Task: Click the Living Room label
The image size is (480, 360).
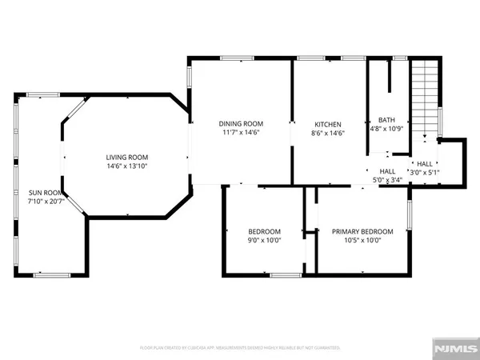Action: click(x=128, y=157)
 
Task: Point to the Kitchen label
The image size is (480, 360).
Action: click(x=328, y=125)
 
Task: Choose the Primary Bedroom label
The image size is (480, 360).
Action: click(x=362, y=231)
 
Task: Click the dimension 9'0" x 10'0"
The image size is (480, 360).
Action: click(x=263, y=240)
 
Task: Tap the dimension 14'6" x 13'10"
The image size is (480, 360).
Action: click(x=128, y=166)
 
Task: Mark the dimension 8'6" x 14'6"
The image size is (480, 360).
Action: click(x=328, y=134)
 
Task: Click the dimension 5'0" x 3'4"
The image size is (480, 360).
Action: click(x=388, y=180)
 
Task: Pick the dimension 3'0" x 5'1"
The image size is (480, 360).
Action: click(x=424, y=172)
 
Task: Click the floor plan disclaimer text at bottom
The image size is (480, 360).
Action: click(x=240, y=349)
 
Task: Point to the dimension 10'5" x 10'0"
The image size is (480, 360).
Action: click(x=362, y=240)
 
